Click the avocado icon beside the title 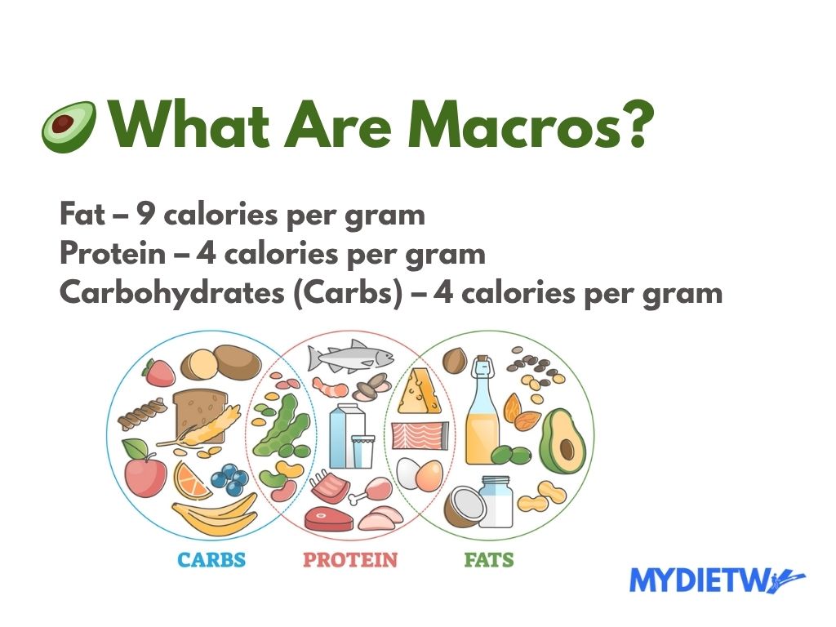point(69,126)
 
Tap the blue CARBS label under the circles point(211,560)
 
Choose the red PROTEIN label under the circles point(350,560)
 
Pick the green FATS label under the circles point(488,560)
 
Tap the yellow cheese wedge point(420,391)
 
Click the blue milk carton point(345,436)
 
